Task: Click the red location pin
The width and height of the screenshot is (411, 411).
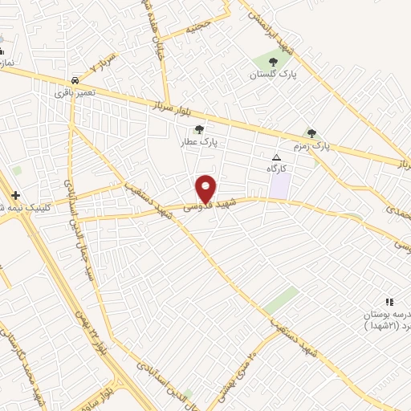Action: pos(206,189)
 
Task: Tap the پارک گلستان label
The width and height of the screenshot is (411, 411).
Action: pos(273,75)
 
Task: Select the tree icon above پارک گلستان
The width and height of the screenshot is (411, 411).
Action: pos(273,61)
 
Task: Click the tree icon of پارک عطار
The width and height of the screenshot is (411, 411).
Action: pos(199,128)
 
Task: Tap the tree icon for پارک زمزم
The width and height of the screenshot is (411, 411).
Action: pos(311,133)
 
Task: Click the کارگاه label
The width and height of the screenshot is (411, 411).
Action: pos(277,169)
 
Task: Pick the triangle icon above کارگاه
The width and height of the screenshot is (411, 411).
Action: pos(277,157)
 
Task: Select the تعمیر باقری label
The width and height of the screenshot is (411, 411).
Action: pos(75,93)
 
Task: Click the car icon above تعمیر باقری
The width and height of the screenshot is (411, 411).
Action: pos(75,80)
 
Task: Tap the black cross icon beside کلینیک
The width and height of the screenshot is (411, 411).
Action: pos(15,195)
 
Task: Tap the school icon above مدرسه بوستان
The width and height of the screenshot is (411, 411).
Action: pos(389,302)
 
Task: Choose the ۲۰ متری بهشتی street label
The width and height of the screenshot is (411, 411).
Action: pos(238,368)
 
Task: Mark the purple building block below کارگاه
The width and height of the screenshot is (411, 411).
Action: pos(279,185)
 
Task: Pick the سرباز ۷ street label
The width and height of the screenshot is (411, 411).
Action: pos(104,62)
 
